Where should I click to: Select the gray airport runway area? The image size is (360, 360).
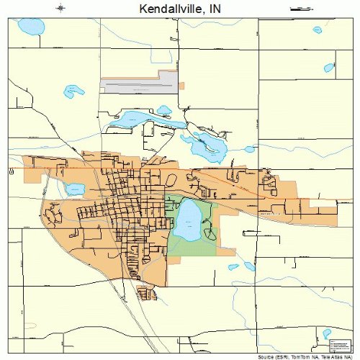point(140,86)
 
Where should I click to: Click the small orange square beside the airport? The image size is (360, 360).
point(181,86)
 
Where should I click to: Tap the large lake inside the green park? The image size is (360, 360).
point(189,220)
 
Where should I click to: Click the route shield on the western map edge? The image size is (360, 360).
point(12,172)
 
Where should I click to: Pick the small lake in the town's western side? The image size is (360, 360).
point(75,189)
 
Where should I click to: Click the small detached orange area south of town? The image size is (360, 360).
point(145,293)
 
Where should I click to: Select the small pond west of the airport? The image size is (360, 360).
point(73,91)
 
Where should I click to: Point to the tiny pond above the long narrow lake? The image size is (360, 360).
point(164,110)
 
